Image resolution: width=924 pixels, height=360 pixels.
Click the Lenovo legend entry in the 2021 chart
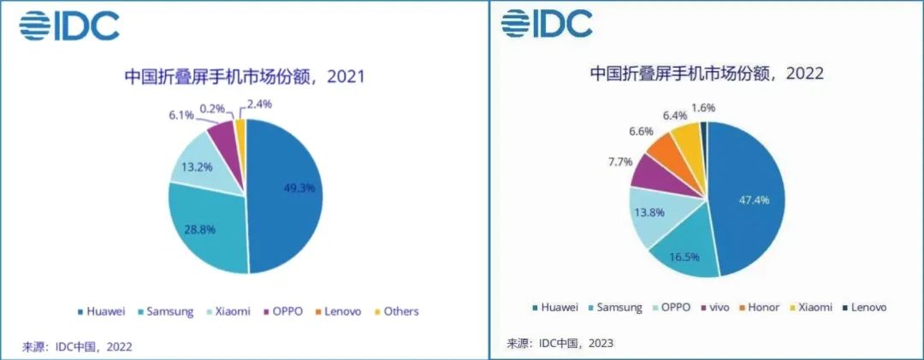(x=343, y=311)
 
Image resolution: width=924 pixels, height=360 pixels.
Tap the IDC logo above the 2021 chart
(x=68, y=27)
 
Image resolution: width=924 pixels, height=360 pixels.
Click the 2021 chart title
(x=245, y=77)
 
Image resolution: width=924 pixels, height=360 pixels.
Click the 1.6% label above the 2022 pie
(x=702, y=109)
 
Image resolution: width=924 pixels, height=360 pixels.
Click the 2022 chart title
(x=707, y=74)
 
